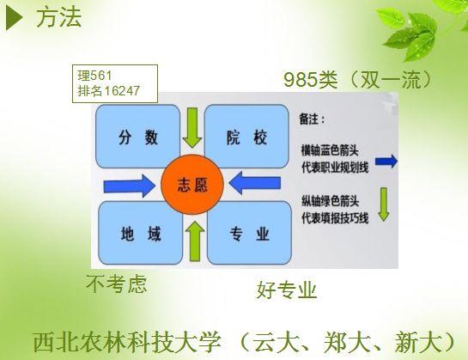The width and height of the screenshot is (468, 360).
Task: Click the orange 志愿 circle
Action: click(x=192, y=185)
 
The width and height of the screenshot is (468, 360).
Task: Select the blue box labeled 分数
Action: click(x=138, y=137)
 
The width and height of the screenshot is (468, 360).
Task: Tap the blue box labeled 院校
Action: click(x=246, y=137)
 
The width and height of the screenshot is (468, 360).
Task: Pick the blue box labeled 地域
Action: click(x=140, y=233)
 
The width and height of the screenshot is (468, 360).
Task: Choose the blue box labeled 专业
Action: click(x=249, y=233)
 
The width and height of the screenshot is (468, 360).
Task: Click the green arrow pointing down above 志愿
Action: click(x=192, y=128)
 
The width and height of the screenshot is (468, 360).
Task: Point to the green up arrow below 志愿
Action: click(x=195, y=241)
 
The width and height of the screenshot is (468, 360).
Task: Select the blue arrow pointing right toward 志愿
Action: click(x=130, y=186)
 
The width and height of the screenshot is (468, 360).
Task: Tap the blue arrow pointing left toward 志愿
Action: click(x=254, y=183)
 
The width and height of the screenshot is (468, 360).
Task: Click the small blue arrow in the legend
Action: click(x=386, y=162)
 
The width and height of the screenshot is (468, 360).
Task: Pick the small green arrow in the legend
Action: click(x=384, y=204)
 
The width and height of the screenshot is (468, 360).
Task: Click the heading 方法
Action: click(x=58, y=18)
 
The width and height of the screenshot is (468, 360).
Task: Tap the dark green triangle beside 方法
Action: click(x=14, y=18)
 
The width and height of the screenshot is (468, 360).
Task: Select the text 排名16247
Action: click(x=109, y=91)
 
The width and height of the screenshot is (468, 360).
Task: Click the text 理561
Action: click(x=95, y=76)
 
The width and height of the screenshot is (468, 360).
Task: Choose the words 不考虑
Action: click(x=117, y=284)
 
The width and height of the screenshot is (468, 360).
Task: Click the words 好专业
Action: click(x=287, y=290)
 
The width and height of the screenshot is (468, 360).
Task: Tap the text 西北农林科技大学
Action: click(x=127, y=342)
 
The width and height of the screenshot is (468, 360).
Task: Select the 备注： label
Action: click(x=312, y=119)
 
